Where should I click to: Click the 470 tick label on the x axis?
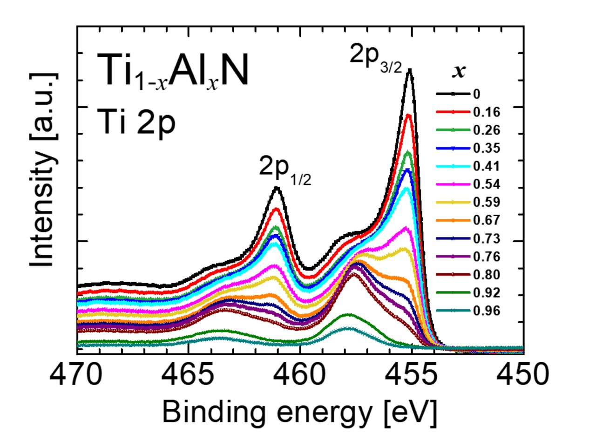coord(77,375)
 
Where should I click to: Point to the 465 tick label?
coord(188,375)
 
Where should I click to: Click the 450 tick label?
coord(522,375)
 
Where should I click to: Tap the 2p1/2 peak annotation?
coord(284,170)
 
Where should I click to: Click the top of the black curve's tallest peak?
coord(410,69)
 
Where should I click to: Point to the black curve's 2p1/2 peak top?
coord(277,188)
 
